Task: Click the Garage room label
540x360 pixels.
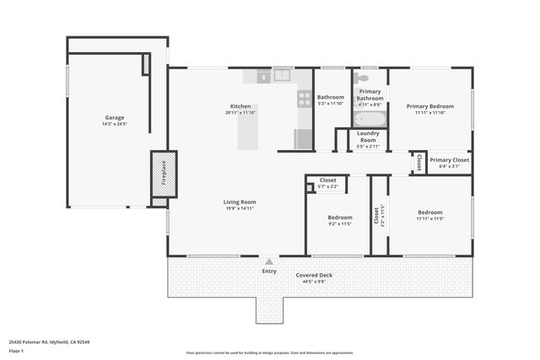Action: point(115,117)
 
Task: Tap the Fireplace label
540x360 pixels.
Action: point(164,173)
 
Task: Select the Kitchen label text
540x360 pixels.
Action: point(240,106)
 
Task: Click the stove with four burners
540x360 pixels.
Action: point(304,99)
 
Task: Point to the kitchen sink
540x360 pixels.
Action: point(283,76)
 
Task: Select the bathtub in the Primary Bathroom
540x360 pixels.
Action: point(370,118)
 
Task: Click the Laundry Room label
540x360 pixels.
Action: point(368,137)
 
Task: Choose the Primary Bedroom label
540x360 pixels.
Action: point(429,106)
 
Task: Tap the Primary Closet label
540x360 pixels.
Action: point(450,159)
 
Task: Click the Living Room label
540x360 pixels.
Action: point(240,202)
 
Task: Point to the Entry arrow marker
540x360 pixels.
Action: point(269,261)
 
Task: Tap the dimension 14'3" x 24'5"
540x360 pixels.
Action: point(115,124)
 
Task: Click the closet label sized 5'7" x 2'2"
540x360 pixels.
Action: point(328,180)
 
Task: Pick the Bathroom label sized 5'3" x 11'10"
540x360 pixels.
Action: point(331,97)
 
